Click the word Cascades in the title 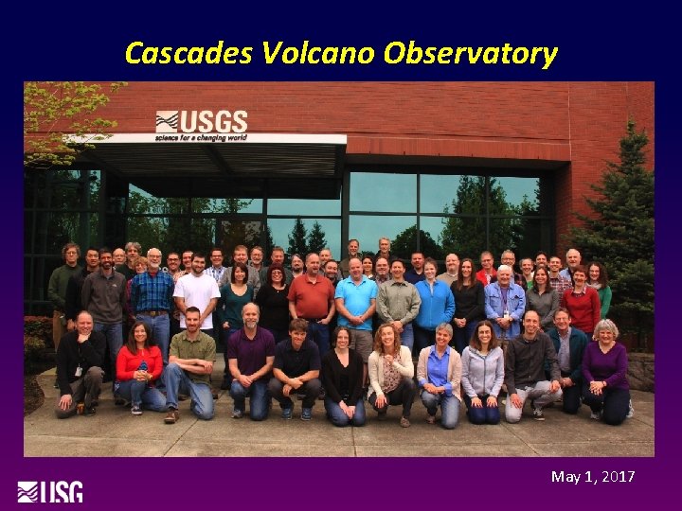point(187,53)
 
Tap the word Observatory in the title point(470,53)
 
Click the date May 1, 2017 point(593,476)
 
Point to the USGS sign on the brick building point(201,125)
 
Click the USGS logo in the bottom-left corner point(49,492)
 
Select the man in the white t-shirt point(197,295)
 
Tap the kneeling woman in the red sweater point(138,364)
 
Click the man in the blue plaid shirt point(153,293)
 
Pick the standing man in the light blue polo point(357,301)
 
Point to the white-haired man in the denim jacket point(504,301)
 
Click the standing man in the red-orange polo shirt point(311,298)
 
